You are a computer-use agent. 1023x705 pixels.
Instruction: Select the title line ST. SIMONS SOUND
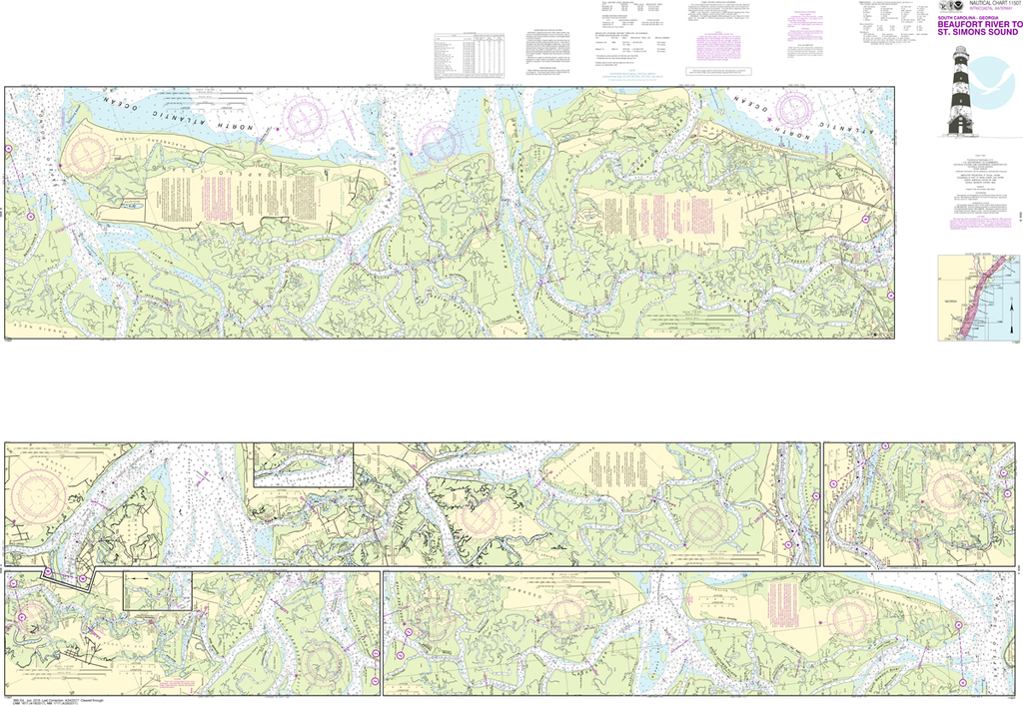976,32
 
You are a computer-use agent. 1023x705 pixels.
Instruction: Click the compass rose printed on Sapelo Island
86,153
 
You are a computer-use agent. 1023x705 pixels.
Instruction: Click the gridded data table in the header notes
467,57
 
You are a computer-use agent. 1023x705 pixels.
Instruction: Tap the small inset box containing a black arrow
157,590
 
